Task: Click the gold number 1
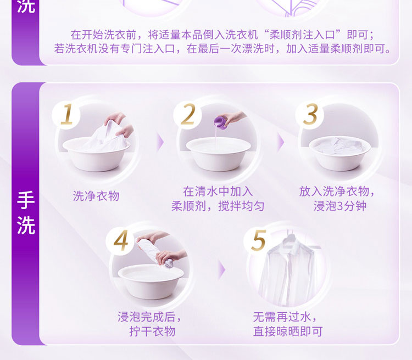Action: coord(67,114)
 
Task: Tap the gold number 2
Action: coord(188,114)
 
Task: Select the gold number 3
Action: coord(310,114)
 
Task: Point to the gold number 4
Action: coord(121,240)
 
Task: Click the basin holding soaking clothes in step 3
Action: coord(339,154)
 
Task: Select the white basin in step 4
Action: coord(151,282)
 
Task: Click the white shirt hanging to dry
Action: coord(288,273)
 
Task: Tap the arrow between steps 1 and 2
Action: coord(160,142)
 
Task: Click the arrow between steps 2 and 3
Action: coord(281,142)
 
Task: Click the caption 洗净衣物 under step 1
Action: coord(96,196)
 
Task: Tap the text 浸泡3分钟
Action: coord(339,206)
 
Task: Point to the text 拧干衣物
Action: coord(152,331)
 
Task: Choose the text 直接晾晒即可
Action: coord(288,331)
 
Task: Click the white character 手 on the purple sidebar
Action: coord(26,200)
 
